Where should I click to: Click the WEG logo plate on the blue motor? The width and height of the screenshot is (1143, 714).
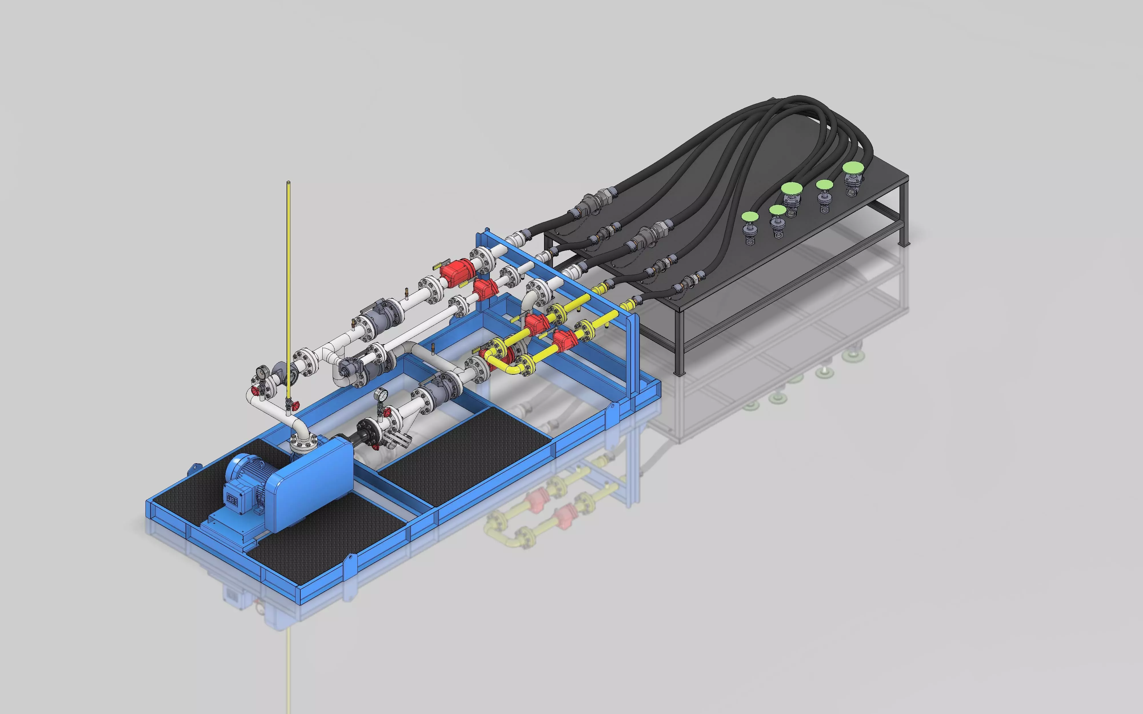232,500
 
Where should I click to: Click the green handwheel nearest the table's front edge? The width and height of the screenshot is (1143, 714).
750,217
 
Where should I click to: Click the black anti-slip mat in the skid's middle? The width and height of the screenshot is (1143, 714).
465,453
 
